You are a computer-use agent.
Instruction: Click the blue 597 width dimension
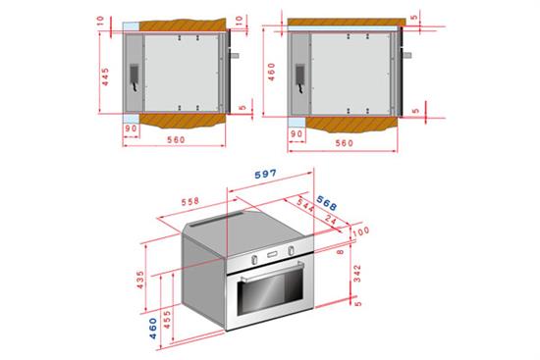point(265,174)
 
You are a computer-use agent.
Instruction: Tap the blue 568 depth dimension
point(326,203)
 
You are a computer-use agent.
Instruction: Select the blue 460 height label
point(153,329)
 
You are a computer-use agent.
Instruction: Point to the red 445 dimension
point(105,77)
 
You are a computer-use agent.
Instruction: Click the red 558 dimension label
point(190,201)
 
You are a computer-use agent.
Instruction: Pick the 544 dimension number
point(305,205)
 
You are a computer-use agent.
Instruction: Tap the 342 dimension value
point(357,274)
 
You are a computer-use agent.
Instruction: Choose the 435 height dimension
point(140,280)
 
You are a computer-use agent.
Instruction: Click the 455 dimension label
point(167,319)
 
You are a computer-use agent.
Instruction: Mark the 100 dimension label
point(361,231)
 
